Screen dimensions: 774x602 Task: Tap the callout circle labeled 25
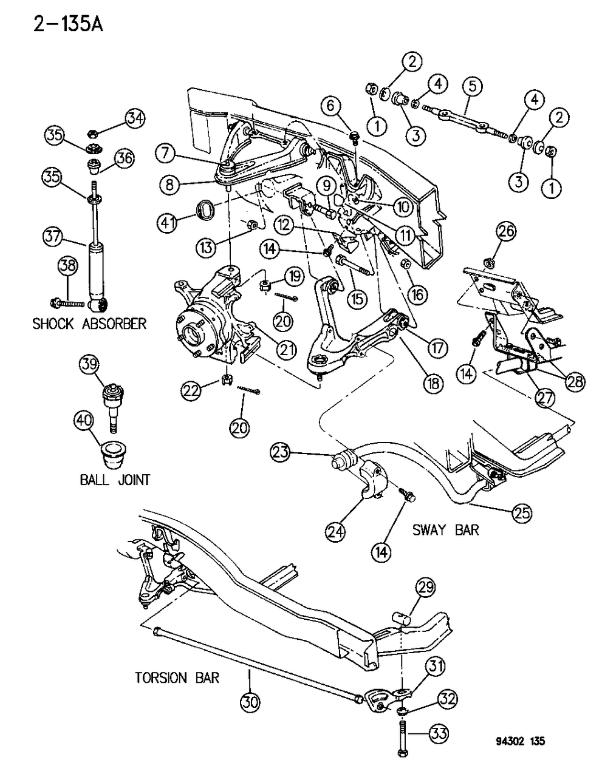[521, 513]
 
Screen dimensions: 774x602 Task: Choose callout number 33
[439, 734]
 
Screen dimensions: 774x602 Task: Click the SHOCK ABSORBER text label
[89, 323]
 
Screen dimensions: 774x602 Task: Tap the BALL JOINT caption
[115, 480]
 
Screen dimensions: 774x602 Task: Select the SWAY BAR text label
[445, 529]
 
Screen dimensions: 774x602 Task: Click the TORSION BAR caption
[177, 677]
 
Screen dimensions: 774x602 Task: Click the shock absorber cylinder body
[97, 270]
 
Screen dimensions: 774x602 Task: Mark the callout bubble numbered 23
[282, 452]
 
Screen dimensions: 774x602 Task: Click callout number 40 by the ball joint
[84, 420]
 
